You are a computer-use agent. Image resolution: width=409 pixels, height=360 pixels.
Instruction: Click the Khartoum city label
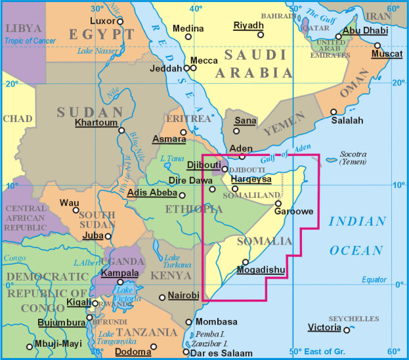pyautogui.click(x=96, y=122)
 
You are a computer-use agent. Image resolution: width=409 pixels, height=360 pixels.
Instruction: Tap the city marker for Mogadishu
pyautogui.click(x=246, y=262)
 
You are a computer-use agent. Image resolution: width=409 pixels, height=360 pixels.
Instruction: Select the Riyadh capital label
pyautogui.click(x=248, y=26)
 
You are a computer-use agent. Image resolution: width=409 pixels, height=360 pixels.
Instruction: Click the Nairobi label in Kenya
pyautogui.click(x=183, y=296)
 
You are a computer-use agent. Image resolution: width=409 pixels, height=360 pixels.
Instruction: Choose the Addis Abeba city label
pyautogui.click(x=152, y=193)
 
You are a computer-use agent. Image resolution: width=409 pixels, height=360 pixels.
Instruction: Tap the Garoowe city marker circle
pyautogui.click(x=278, y=203)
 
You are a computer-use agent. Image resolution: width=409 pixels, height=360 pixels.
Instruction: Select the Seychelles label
pyautogui.click(x=357, y=319)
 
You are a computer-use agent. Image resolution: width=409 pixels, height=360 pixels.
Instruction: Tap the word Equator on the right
pyautogui.click(x=374, y=280)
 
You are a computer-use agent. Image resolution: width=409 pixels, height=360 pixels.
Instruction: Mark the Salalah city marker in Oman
pyautogui.click(x=334, y=111)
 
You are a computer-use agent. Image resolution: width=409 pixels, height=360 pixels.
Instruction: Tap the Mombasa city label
pyautogui.click(x=215, y=323)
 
